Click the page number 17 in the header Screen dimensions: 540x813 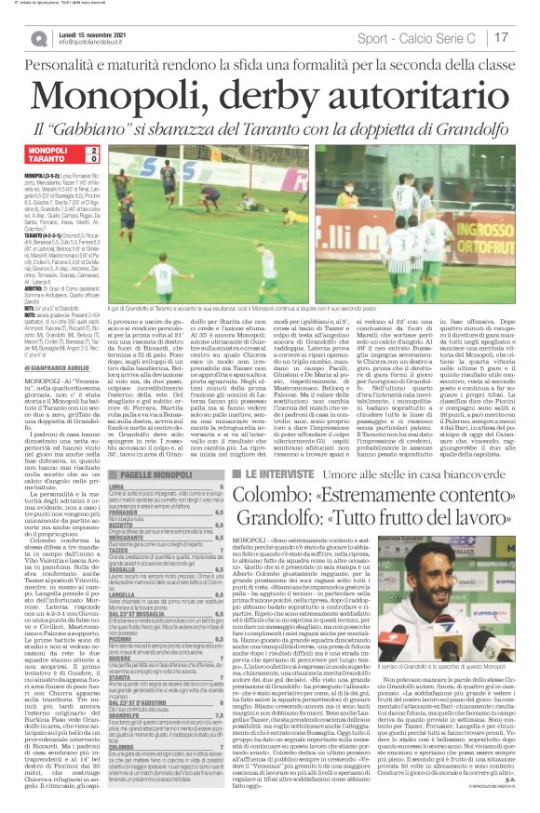[502, 37]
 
